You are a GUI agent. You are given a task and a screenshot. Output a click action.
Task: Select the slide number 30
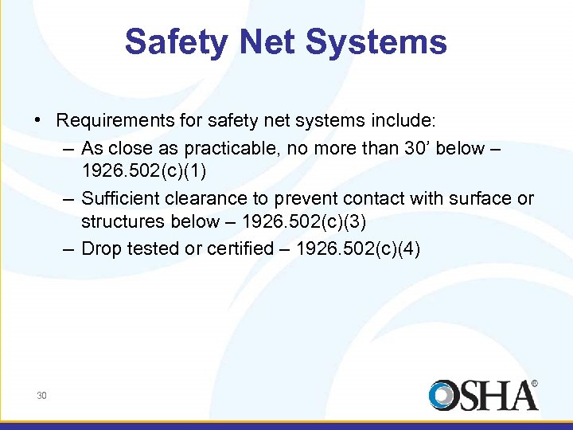[41, 395]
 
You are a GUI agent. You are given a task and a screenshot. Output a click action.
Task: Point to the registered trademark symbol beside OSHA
[534, 383]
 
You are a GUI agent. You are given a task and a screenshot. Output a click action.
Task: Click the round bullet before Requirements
[38, 121]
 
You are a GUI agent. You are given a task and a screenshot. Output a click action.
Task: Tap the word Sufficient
[117, 197]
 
